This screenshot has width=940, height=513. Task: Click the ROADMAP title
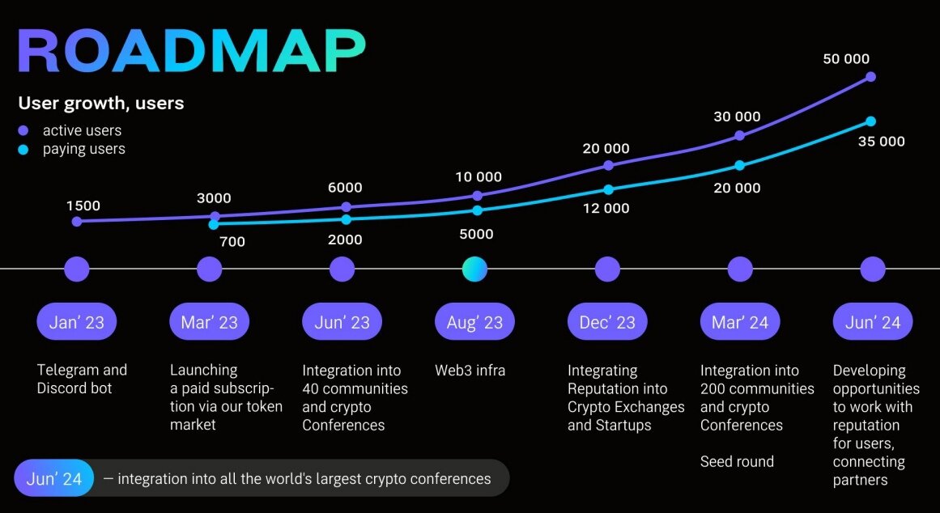point(191,54)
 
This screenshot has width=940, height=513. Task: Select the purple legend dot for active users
point(23,130)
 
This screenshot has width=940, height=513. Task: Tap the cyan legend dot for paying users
point(23,149)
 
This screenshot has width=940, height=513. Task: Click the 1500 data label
point(83,206)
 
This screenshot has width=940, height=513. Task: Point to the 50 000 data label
point(845,59)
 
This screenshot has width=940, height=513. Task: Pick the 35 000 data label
point(880,142)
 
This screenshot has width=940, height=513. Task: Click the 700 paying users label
point(232,241)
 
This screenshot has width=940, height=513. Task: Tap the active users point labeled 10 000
point(477,195)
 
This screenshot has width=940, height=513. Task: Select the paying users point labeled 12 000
point(608,189)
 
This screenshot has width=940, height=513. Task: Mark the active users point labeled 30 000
point(739,136)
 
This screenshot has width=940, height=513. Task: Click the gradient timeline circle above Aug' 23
point(474,269)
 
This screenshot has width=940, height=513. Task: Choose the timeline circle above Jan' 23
point(76,269)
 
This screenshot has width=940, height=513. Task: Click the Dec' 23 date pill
point(607,322)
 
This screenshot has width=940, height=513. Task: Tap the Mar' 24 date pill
point(739,322)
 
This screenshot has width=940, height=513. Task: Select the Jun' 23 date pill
point(342,322)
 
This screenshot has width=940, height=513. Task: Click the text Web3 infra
point(470,371)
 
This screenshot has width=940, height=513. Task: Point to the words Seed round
point(737,462)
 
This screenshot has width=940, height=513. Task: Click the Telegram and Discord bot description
point(82,379)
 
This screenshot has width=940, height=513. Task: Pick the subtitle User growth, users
point(101,104)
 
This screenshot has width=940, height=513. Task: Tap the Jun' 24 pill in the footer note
point(54,478)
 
